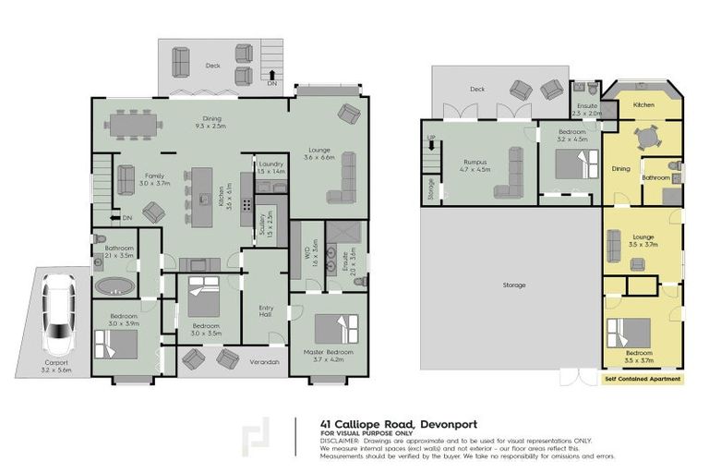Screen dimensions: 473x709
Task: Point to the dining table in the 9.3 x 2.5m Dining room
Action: (136, 124)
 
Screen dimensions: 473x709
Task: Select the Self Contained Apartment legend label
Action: (643, 379)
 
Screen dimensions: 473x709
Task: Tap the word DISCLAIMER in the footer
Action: (340, 441)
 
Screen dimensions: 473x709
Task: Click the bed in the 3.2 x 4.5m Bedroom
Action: (571, 167)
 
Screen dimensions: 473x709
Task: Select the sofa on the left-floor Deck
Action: (182, 63)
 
